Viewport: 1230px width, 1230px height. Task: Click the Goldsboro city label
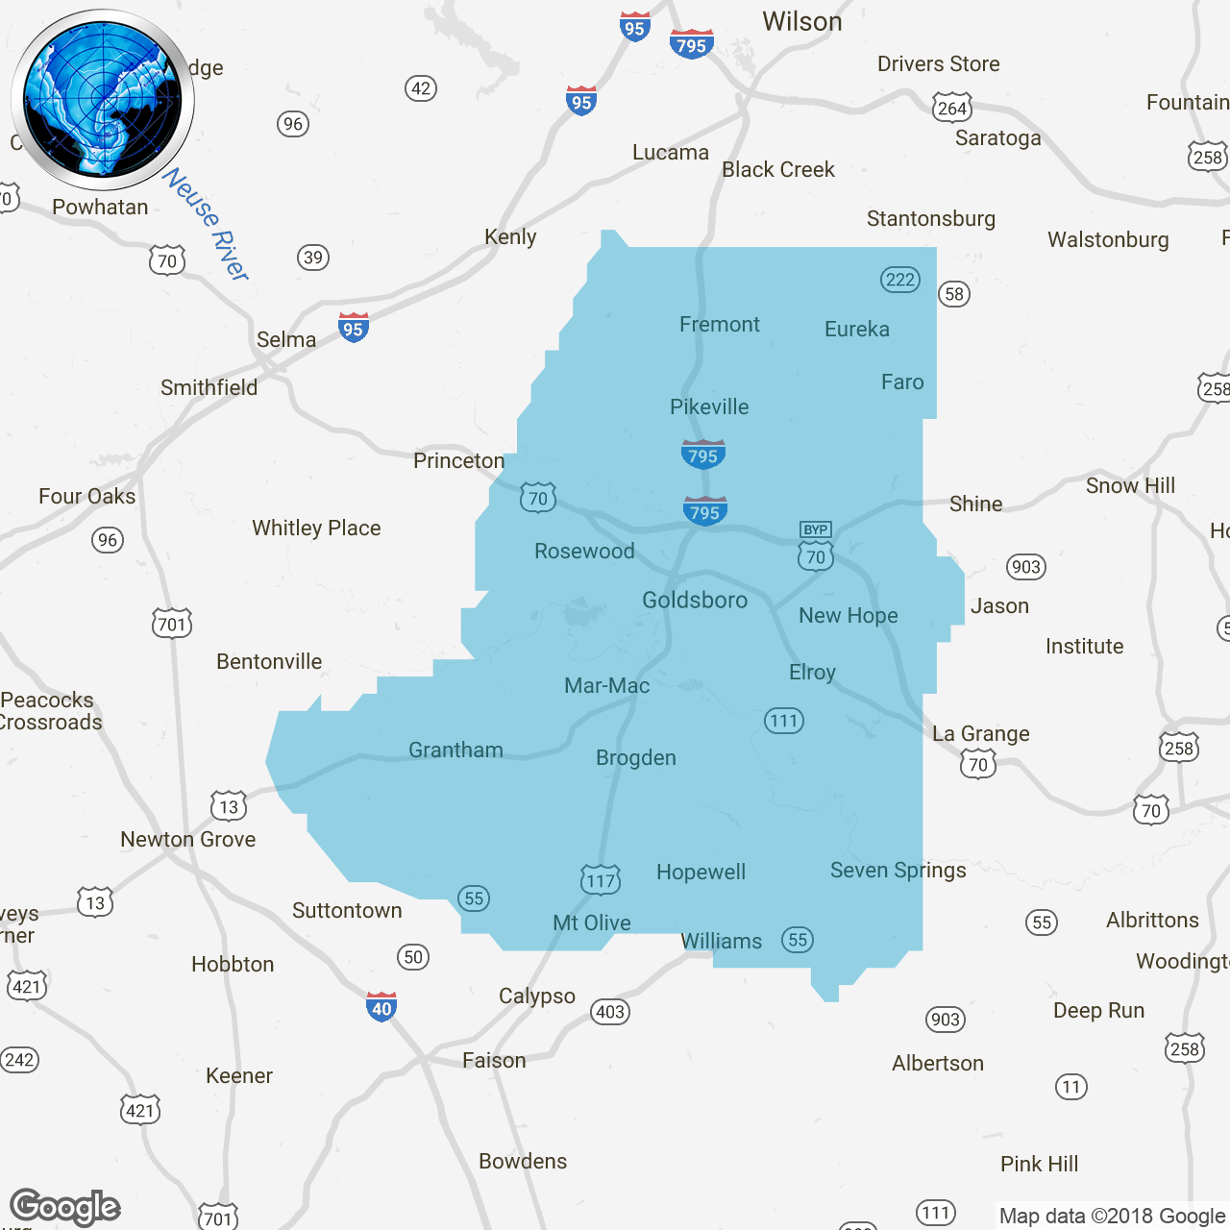click(695, 601)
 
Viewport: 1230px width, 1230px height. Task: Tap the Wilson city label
click(801, 22)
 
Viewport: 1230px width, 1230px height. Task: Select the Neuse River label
click(207, 225)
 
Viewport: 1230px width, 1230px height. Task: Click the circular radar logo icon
click(103, 100)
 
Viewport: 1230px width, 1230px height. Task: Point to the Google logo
click(65, 1207)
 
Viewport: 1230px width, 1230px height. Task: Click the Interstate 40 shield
click(381, 1007)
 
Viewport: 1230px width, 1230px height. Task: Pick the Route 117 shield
click(601, 879)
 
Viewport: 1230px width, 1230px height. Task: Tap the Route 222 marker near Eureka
click(900, 280)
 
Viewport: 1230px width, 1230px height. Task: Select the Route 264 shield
click(952, 108)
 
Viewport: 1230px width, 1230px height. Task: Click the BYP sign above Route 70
click(816, 529)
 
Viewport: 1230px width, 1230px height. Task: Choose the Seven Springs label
click(898, 871)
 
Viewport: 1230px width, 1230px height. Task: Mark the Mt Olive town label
click(592, 923)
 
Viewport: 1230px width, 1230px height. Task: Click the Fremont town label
click(719, 325)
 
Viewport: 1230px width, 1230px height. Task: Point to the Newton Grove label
click(188, 840)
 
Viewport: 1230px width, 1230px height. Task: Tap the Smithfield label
click(209, 388)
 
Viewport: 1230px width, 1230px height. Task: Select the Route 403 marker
click(610, 1011)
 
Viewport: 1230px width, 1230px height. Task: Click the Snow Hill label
click(1130, 486)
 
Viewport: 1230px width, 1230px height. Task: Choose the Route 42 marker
click(421, 88)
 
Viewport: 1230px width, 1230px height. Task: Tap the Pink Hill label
click(1039, 1165)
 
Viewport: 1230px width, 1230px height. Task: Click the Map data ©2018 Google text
click(1112, 1217)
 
